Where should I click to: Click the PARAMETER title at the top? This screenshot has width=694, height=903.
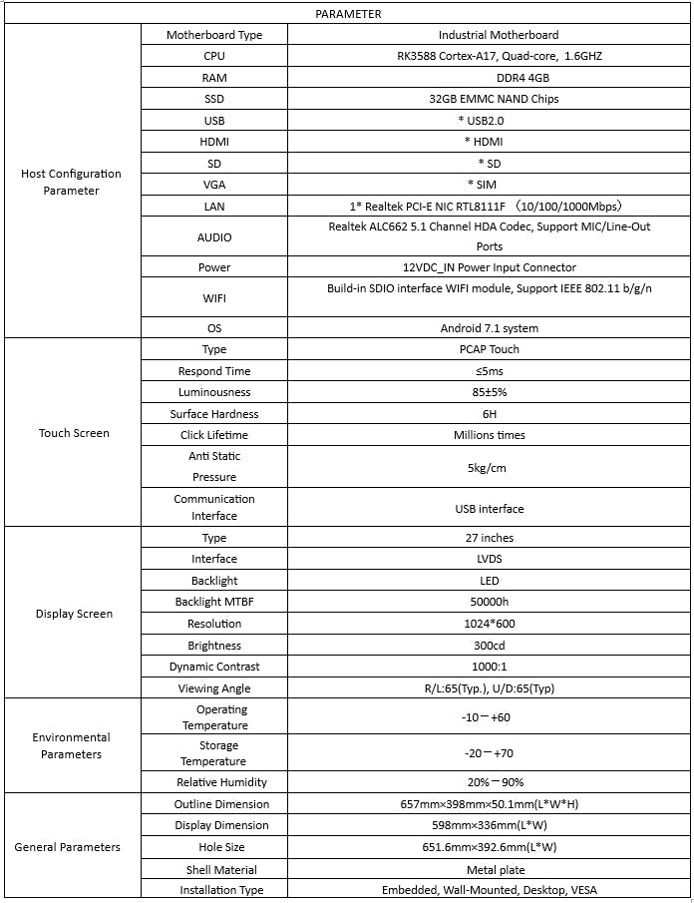click(348, 14)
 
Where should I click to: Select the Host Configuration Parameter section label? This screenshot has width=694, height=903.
click(71, 182)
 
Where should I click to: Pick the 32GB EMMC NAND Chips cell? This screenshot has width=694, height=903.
click(488, 99)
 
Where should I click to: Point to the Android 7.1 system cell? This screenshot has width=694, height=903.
click(489, 328)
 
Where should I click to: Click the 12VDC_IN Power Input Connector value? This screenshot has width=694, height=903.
click(489, 267)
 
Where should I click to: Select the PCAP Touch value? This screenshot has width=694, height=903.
click(489, 349)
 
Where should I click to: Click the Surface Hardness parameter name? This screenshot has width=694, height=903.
click(214, 414)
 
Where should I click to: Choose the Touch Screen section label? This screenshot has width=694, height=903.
click(74, 433)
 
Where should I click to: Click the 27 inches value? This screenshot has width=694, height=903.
click(490, 538)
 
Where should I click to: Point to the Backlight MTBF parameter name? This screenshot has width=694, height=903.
click(214, 602)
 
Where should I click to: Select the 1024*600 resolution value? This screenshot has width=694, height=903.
click(489, 624)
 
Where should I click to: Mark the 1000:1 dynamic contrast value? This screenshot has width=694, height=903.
click(489, 667)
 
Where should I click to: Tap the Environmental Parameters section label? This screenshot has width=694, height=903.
click(71, 745)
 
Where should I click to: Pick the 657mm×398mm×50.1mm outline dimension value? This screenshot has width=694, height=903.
click(489, 804)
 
